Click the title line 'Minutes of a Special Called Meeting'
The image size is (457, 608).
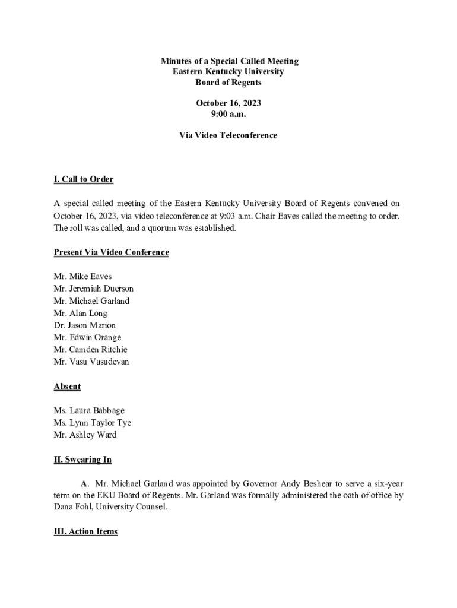click(x=229, y=61)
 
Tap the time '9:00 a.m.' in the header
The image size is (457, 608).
click(x=228, y=114)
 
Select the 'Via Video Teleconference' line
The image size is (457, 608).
click(x=228, y=135)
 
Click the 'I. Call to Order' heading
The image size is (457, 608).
click(x=84, y=179)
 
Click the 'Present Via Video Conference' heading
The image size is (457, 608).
click(x=112, y=252)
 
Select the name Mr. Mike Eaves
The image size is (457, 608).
click(x=82, y=277)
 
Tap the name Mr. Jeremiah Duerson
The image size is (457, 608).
click(x=93, y=289)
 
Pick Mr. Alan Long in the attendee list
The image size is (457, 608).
click(x=81, y=313)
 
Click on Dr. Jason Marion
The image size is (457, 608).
click(x=85, y=325)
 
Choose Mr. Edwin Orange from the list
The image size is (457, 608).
click(x=87, y=337)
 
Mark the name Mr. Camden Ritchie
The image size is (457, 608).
click(x=90, y=350)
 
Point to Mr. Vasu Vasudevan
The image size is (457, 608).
click(x=91, y=362)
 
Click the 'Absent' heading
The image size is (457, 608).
click(x=67, y=387)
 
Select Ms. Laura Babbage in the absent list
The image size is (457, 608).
click(x=89, y=411)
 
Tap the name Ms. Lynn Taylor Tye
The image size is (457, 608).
click(x=93, y=423)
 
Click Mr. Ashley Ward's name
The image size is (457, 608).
click(x=85, y=435)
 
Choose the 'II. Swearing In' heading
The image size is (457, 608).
click(x=82, y=460)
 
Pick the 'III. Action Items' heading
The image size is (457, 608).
click(x=85, y=531)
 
